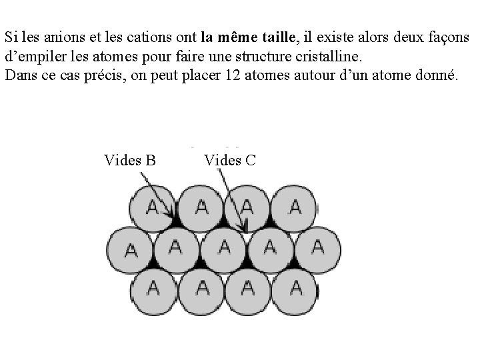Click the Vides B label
pos(130,160)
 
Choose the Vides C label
pos(230,160)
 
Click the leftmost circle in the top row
pos(153,207)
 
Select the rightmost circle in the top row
pos(295,207)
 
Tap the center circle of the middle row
pos(225,248)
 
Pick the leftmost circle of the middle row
pos(130,249)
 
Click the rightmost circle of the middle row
pos(318,248)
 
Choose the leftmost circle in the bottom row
pos(153,288)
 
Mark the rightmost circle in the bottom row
pos(295,288)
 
